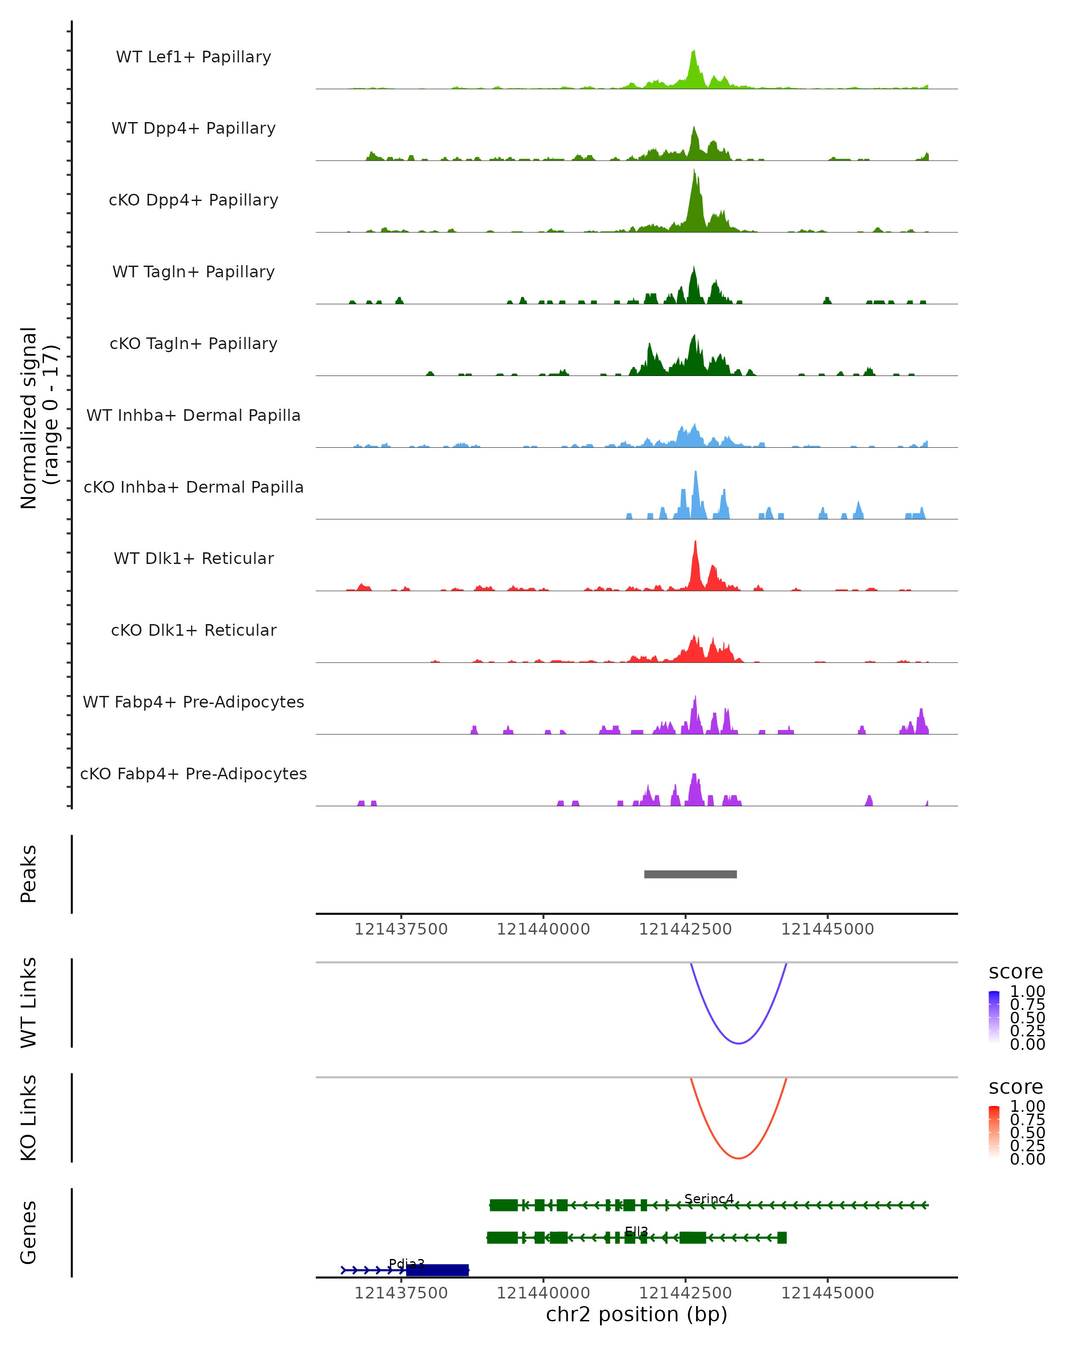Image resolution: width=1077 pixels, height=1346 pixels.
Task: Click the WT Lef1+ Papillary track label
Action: (193, 57)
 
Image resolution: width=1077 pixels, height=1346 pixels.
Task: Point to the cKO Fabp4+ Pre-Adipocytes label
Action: (193, 774)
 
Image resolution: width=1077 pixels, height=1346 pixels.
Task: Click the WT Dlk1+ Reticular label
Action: (193, 558)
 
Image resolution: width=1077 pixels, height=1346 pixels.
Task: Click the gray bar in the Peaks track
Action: (690, 874)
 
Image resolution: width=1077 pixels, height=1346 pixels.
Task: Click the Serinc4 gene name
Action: (709, 1199)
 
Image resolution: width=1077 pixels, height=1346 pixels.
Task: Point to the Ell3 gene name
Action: (636, 1232)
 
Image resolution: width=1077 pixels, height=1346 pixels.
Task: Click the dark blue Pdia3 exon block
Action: (437, 1270)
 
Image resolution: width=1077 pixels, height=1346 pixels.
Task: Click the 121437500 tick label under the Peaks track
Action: (401, 929)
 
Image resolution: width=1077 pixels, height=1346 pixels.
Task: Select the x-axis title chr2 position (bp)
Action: (636, 1315)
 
